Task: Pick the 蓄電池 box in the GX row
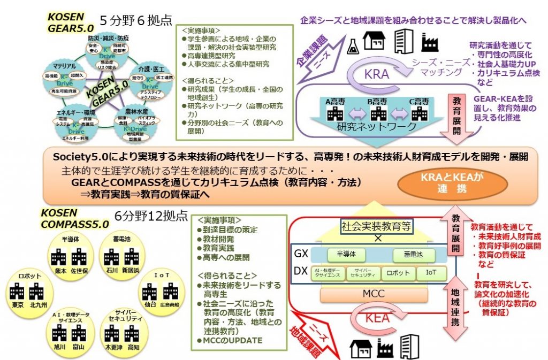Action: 414,255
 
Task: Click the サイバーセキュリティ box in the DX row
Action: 363,273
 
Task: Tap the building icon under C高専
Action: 417,113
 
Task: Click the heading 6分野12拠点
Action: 151,216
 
